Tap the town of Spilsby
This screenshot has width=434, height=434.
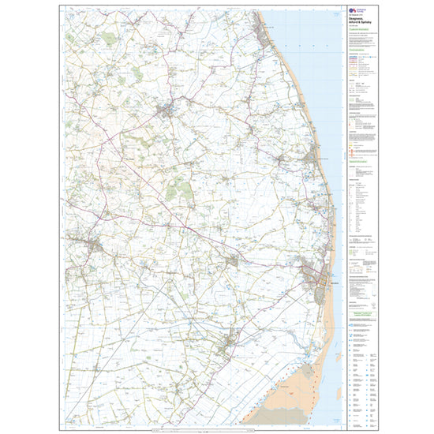pos(95,248)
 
